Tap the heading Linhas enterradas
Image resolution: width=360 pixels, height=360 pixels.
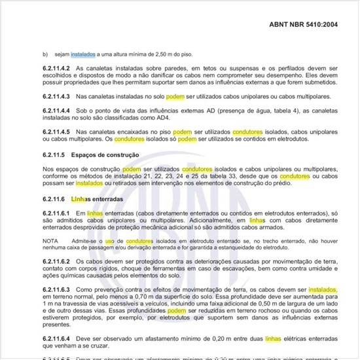click(105, 198)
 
